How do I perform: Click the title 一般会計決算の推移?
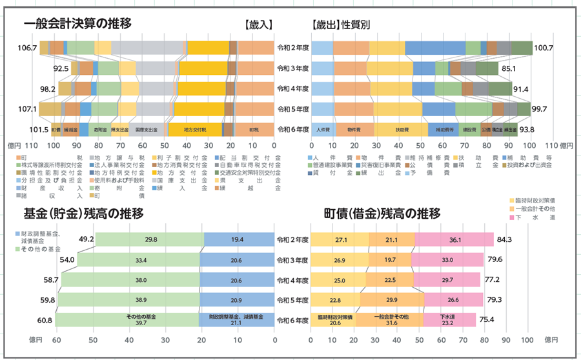77,24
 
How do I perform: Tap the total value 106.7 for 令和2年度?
28,48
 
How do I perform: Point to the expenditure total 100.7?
544,48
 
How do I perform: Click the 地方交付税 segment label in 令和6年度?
195,130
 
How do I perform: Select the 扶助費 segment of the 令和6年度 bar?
402,130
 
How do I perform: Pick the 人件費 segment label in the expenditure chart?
323,130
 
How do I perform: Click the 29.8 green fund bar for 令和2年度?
151,239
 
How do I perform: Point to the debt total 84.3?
504,240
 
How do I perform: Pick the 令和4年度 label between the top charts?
292,88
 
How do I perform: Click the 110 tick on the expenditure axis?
533,146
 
